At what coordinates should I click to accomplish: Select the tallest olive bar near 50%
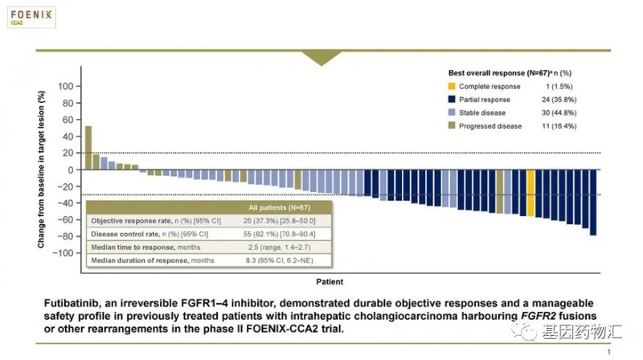click(x=88, y=148)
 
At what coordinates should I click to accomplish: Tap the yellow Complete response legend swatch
click(x=453, y=86)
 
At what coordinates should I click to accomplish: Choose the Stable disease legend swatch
click(x=453, y=114)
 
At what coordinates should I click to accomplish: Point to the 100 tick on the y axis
click(x=66, y=86)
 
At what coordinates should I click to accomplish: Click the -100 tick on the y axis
click(x=64, y=253)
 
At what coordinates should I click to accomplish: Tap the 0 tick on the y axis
click(x=72, y=170)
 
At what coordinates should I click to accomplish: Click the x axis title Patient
click(x=328, y=282)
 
